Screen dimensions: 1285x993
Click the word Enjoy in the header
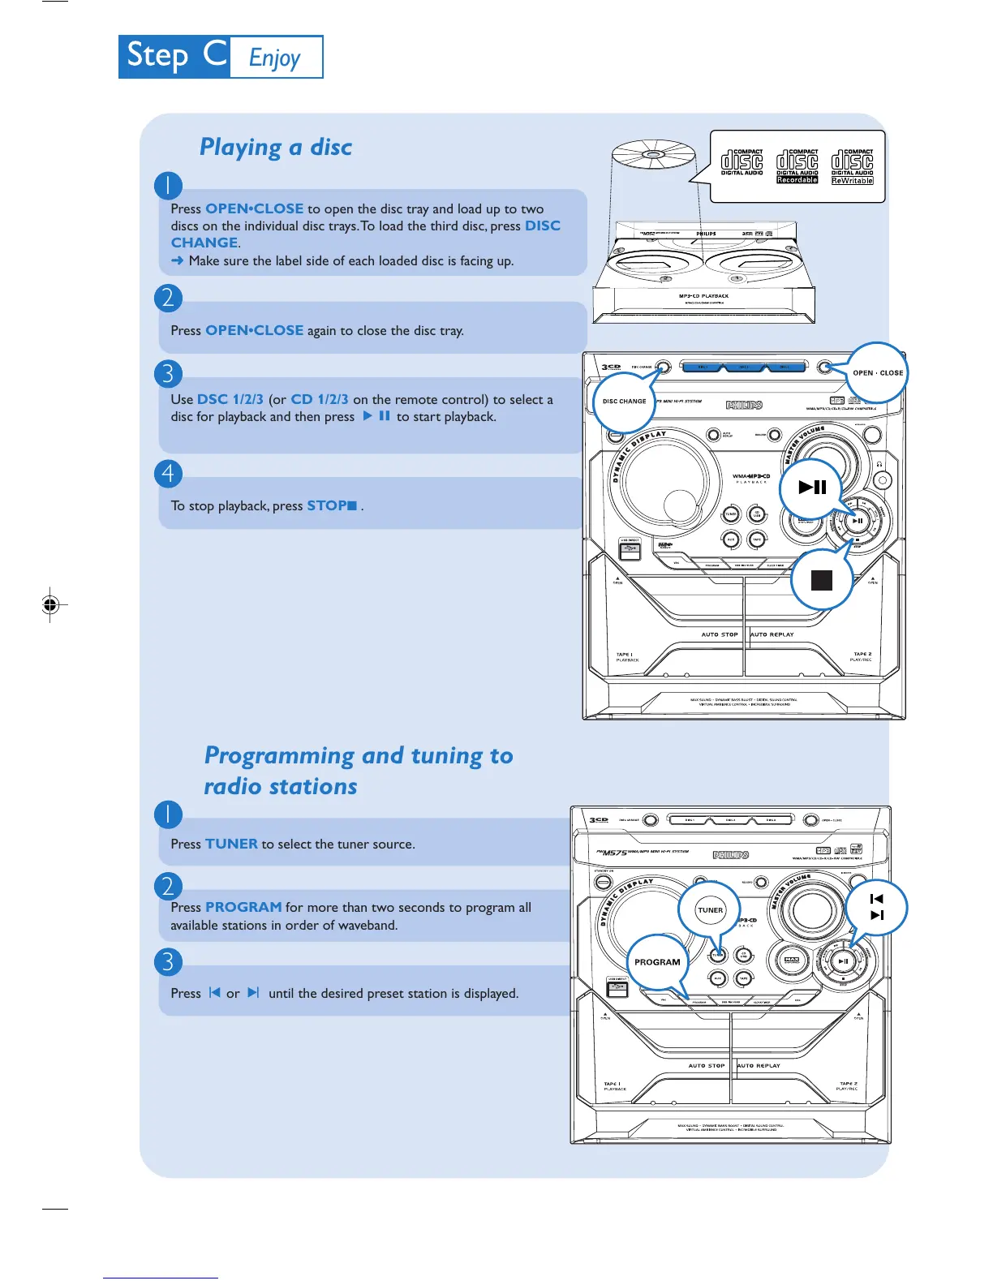275,58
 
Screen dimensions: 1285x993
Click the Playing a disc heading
276,147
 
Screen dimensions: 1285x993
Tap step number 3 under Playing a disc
168,373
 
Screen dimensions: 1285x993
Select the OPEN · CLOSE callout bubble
877,373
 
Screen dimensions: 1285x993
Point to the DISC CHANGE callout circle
624,402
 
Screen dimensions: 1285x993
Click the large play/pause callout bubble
812,487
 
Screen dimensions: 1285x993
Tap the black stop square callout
822,580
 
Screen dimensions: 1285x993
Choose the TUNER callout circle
710,910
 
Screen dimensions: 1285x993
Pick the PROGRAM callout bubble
657,962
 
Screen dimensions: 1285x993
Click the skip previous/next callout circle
876,907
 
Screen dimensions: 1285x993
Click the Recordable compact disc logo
797,166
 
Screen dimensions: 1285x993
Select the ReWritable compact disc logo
853,166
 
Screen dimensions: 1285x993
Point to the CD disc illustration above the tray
654,154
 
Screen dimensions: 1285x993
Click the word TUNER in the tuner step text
231,844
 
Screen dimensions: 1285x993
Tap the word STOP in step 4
327,505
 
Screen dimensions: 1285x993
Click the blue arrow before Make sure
178,260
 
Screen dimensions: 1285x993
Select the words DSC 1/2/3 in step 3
230,399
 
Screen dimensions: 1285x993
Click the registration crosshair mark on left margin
50,604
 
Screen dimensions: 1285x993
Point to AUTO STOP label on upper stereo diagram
720,634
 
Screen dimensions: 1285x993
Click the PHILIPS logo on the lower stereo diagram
731,855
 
